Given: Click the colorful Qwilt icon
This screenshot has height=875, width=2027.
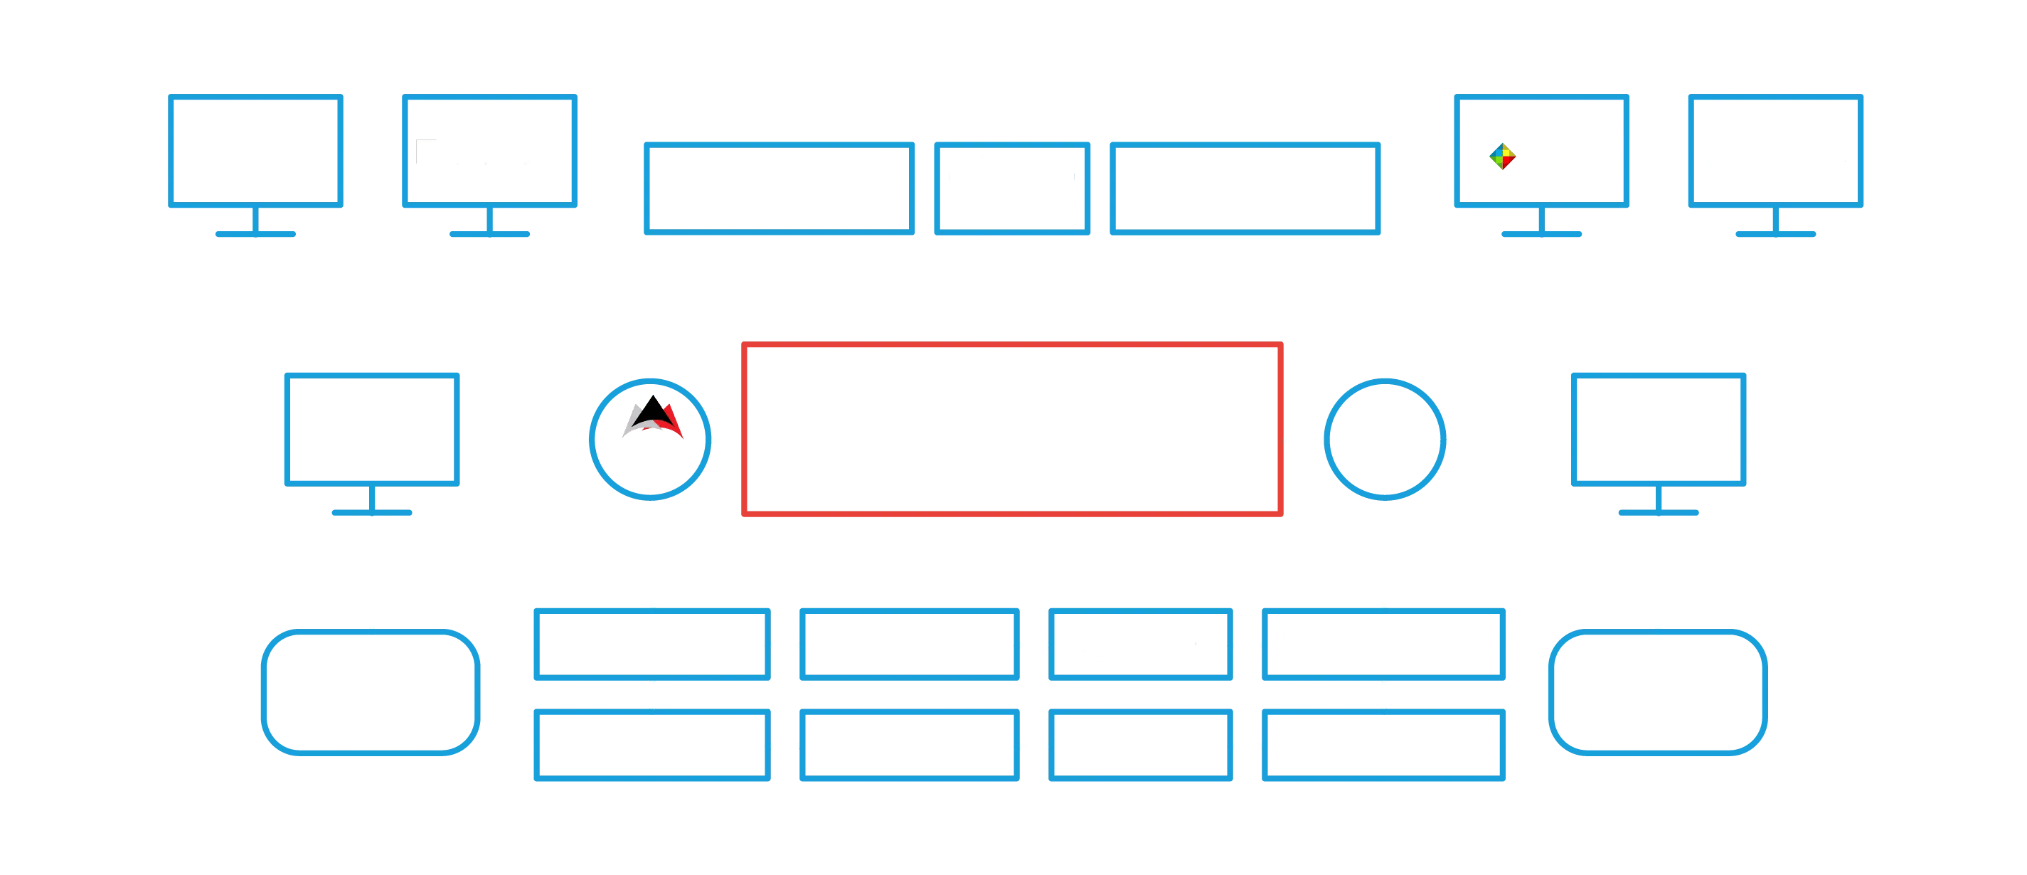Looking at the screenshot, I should click(x=1501, y=156).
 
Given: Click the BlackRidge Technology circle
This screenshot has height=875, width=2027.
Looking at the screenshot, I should click(x=651, y=439).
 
